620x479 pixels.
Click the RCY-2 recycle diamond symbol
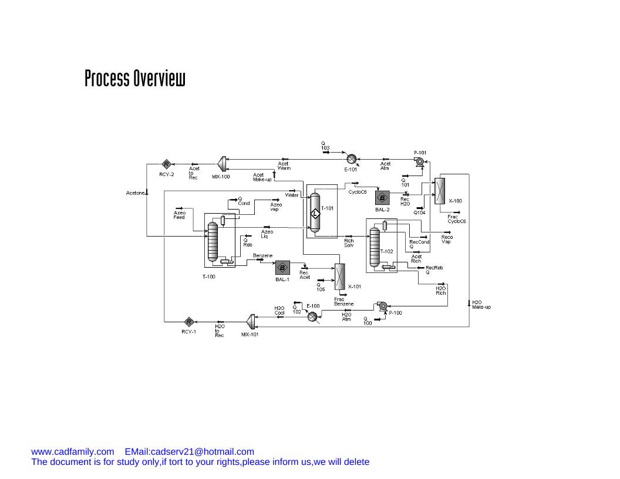[x=166, y=164]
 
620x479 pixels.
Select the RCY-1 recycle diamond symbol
[x=188, y=321]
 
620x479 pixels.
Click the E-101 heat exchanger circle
[x=351, y=158]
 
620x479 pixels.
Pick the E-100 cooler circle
[x=312, y=316]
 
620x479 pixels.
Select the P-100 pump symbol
[x=382, y=306]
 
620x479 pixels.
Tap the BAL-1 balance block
[x=282, y=268]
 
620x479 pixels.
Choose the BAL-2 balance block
[x=382, y=198]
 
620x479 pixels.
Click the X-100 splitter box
[x=440, y=191]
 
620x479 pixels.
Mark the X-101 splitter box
[x=339, y=276]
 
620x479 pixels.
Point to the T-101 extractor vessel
[x=315, y=212]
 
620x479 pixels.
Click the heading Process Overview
[x=135, y=78]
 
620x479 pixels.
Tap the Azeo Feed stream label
[x=180, y=215]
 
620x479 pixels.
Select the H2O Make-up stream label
[x=481, y=305]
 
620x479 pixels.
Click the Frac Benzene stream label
[x=344, y=302]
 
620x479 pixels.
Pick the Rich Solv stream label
[x=349, y=242]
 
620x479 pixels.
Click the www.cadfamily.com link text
[x=72, y=451]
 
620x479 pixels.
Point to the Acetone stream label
[x=135, y=193]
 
